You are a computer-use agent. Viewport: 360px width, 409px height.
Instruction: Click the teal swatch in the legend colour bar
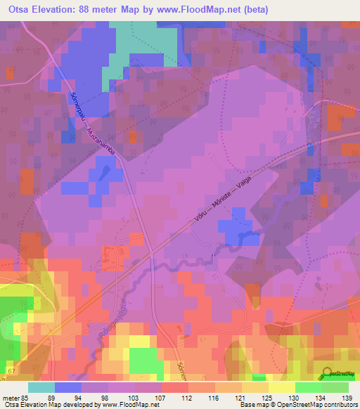click(x=41, y=387)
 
